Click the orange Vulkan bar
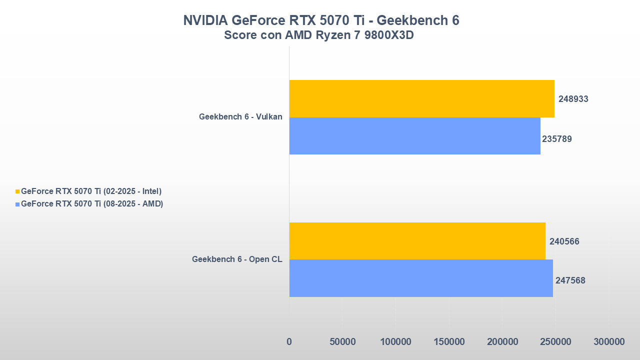pyautogui.click(x=421, y=98)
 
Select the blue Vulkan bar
pyautogui.click(x=414, y=136)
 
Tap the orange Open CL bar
pyautogui.click(x=417, y=241)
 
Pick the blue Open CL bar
pyautogui.click(x=421, y=278)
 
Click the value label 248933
pyautogui.click(x=573, y=99)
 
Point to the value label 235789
pyautogui.click(x=557, y=139)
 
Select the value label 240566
pyautogui.click(x=564, y=241)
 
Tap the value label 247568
pyautogui.click(x=570, y=280)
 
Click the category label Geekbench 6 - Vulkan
pyautogui.click(x=240, y=117)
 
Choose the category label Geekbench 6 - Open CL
pyautogui.click(x=237, y=259)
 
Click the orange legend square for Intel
pyautogui.click(x=17, y=191)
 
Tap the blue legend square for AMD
pyautogui.click(x=17, y=204)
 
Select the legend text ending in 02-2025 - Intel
pyautogui.click(x=91, y=191)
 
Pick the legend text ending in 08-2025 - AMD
pyautogui.click(x=92, y=203)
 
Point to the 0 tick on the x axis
pyautogui.click(x=289, y=342)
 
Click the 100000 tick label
pyautogui.click(x=395, y=342)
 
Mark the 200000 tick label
pyautogui.click(x=502, y=342)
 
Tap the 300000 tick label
pyautogui.click(x=608, y=342)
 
